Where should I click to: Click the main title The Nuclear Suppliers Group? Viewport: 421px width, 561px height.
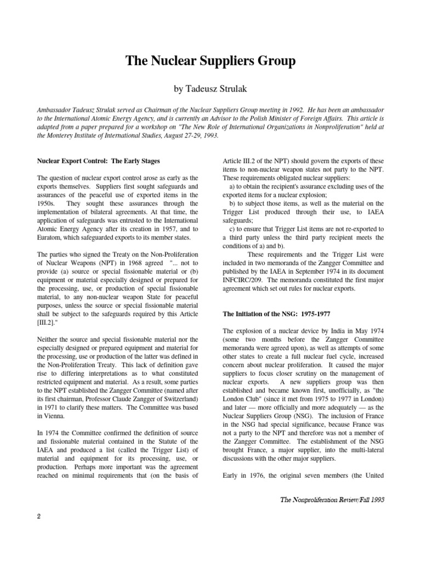coord(210,61)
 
